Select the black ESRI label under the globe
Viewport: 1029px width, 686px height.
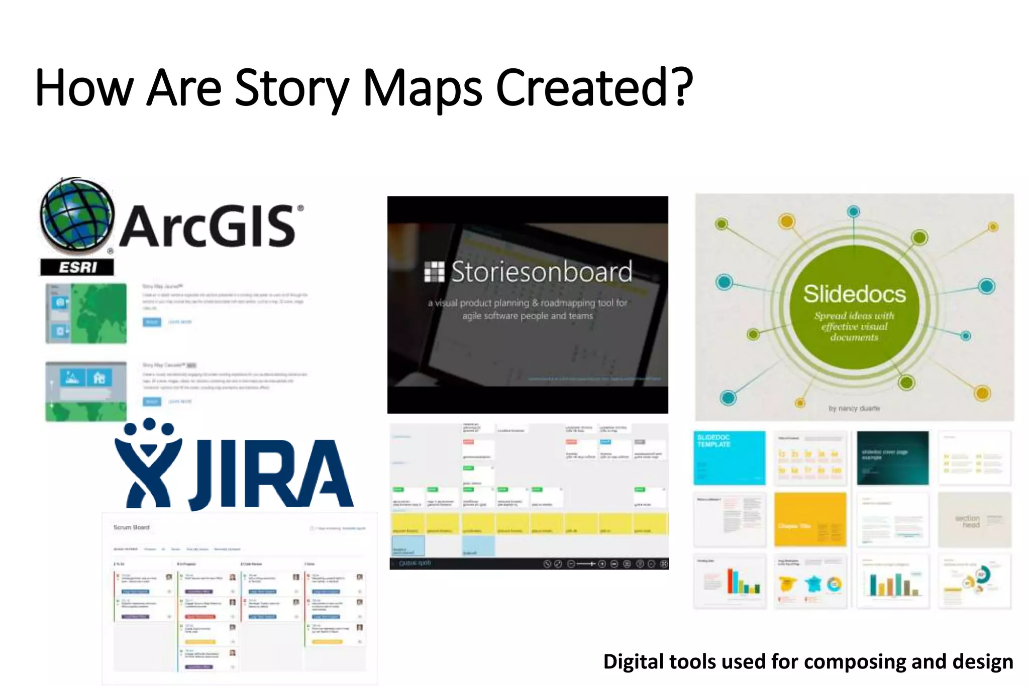pyautogui.click(x=77, y=267)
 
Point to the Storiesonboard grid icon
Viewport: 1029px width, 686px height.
pyautogui.click(x=434, y=272)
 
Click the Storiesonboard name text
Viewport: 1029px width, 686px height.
pyautogui.click(x=541, y=272)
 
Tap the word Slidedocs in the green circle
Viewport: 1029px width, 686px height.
pyautogui.click(x=854, y=294)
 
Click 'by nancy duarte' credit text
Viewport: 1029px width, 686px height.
pyautogui.click(x=854, y=408)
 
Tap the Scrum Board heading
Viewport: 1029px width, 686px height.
pyautogui.click(x=131, y=527)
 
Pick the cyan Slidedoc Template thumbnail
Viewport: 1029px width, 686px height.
pyautogui.click(x=729, y=458)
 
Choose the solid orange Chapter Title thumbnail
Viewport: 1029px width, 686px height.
pyautogui.click(x=810, y=519)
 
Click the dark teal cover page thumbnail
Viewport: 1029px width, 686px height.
pyautogui.click(x=892, y=458)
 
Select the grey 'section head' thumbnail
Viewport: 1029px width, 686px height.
pyautogui.click(x=974, y=519)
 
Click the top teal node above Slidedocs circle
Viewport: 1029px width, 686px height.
pyautogui.click(x=853, y=211)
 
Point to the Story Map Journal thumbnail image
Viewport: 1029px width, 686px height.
pyautogui.click(x=86, y=313)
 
